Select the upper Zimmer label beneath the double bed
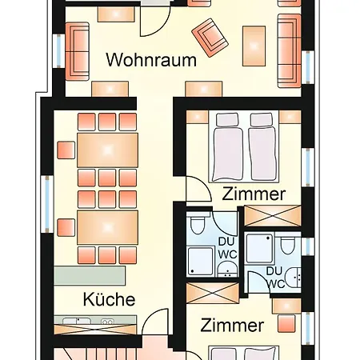pos(254,194)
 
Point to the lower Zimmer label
pos(232,326)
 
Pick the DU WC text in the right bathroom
pos(276,278)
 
